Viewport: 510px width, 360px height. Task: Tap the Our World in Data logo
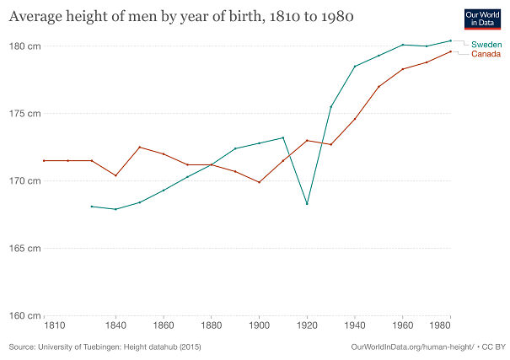coord(482,19)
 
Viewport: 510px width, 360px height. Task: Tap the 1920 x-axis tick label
coord(307,325)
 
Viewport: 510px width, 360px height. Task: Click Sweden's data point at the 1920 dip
coord(307,203)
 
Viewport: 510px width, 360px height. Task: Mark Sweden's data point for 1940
coord(355,66)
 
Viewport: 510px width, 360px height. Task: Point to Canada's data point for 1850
coord(139,147)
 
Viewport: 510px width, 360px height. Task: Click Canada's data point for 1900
coord(259,182)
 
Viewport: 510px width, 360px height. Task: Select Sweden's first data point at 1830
coord(91,206)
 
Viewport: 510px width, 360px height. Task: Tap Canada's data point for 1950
coord(378,86)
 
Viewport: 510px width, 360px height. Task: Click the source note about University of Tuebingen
coord(105,347)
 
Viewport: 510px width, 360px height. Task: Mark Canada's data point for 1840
coord(115,175)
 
